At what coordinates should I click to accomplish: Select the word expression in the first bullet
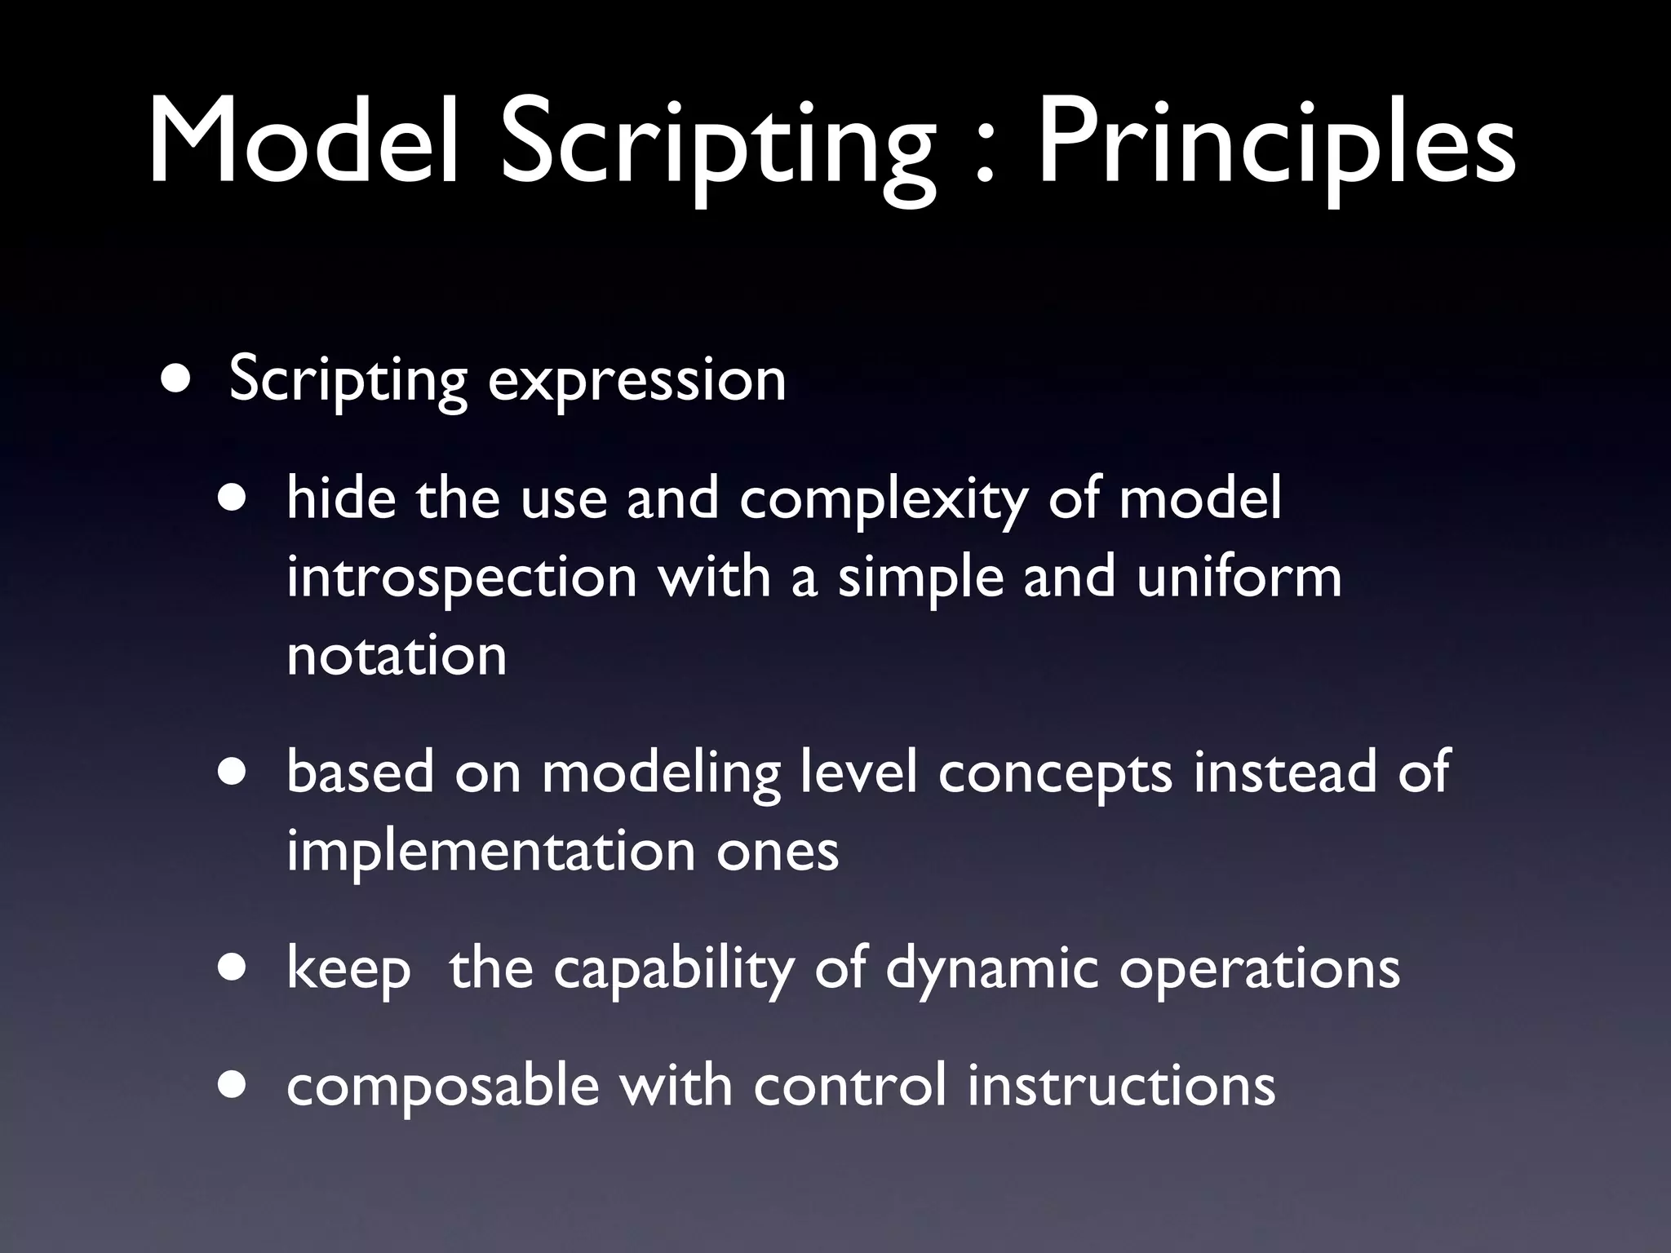[636, 380]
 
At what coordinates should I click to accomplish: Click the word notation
[397, 655]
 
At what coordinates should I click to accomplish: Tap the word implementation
[490, 852]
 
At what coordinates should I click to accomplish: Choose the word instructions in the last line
[1121, 1086]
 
